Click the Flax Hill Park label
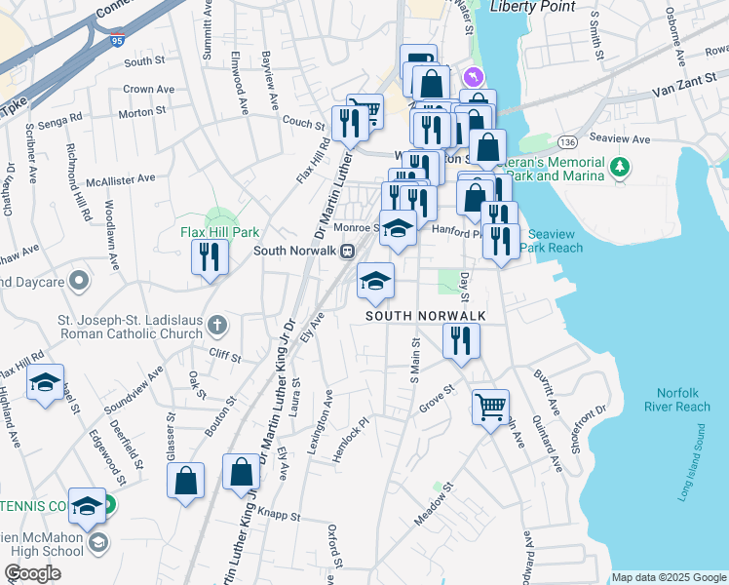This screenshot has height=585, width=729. (x=219, y=233)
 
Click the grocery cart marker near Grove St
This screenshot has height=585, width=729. (x=490, y=405)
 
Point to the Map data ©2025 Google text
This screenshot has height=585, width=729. (x=669, y=577)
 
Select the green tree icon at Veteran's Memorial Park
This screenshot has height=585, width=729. (x=618, y=168)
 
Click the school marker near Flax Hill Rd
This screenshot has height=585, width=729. (x=45, y=384)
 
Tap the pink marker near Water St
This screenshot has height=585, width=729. (x=473, y=76)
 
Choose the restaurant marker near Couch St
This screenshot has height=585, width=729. (x=346, y=124)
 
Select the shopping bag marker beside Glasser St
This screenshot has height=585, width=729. (x=185, y=482)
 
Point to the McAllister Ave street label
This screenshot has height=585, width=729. (x=120, y=179)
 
